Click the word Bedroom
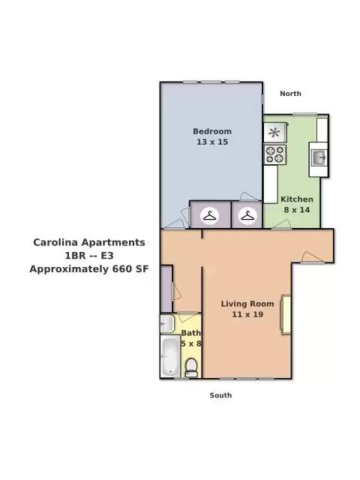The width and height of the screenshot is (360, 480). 212,131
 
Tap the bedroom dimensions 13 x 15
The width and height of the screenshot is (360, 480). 212,142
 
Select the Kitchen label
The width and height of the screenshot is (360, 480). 297,199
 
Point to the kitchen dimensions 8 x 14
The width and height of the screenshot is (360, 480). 297,210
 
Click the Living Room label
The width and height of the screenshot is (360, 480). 247,304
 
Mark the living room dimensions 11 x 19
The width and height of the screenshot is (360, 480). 247,314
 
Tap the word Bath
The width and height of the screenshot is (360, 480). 191,332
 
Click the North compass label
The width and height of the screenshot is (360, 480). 291,94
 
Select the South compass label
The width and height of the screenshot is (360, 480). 220,395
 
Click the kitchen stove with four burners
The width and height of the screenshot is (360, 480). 274,155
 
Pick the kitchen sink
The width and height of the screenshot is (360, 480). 319,157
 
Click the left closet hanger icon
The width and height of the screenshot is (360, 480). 210,216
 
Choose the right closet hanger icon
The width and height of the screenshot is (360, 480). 247,216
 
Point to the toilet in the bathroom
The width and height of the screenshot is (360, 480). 191,367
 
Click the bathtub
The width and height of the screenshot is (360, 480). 170,357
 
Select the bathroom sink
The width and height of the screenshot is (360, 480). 167,323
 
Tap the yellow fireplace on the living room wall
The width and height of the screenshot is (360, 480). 286,314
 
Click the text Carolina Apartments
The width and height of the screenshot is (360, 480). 88,242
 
